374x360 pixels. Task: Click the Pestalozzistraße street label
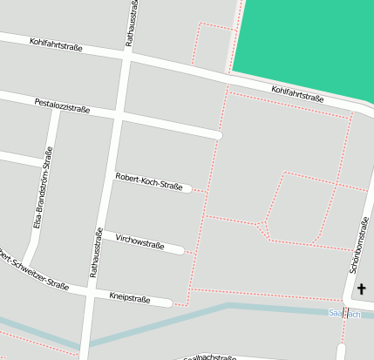coord(62,105)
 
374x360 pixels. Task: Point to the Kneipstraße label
coord(129,298)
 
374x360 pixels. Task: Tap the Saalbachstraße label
coord(209,357)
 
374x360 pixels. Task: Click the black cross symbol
coord(362,289)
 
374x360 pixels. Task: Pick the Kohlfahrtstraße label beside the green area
coord(297,93)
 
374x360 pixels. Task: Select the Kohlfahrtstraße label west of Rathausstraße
coord(56,43)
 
